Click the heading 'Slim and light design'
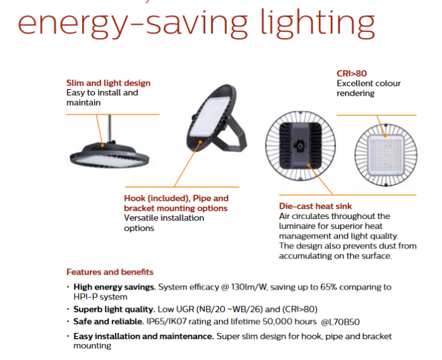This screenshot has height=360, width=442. pos(108,83)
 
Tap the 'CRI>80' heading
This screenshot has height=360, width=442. pos(352,73)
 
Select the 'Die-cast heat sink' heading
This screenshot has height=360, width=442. pos(315,206)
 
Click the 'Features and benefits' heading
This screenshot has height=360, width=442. pos(110,272)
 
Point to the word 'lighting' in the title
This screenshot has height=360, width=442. pos(318,23)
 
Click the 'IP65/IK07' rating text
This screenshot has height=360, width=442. pos(166,321)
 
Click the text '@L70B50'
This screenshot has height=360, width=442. pos(340,322)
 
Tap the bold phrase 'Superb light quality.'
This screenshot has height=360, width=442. pos(114,309)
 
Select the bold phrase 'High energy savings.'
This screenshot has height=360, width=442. pos(115,287)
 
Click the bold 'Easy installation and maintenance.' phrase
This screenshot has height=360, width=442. pos(144,336)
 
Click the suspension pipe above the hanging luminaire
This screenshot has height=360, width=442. pos(110,128)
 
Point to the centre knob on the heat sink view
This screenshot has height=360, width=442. pos(300,146)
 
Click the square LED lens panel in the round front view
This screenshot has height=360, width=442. pos(385,155)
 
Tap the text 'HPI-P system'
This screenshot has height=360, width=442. pos(100,297)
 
